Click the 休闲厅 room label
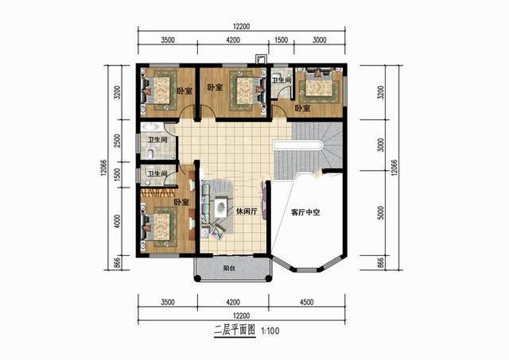[x=245, y=211]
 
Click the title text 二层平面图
[x=231, y=331]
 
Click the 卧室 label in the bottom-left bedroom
[x=181, y=203]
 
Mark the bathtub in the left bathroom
[x=150, y=131]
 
